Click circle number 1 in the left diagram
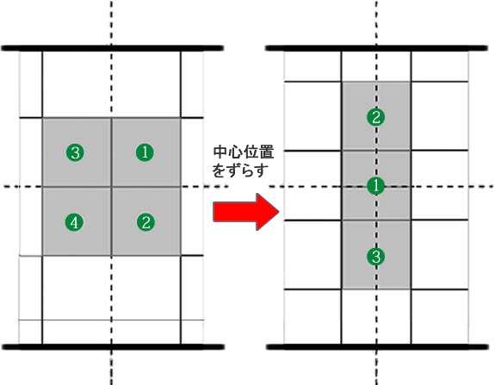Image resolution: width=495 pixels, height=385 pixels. click(x=145, y=152)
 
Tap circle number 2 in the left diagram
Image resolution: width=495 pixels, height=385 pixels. click(x=145, y=222)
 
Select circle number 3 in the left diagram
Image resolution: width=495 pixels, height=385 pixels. click(x=75, y=152)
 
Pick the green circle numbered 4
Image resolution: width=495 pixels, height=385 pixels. click(x=75, y=222)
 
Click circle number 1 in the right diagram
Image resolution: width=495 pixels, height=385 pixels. click(x=375, y=186)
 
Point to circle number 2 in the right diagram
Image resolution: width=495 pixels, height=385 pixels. click(x=375, y=117)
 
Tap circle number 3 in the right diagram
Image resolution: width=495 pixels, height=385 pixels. click(x=375, y=256)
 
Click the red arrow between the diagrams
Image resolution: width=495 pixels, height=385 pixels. click(x=246, y=212)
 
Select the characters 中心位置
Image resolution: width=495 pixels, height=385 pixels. click(x=244, y=152)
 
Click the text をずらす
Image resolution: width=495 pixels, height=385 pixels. click(x=240, y=170)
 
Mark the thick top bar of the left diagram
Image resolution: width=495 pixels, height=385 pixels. click(x=113, y=48)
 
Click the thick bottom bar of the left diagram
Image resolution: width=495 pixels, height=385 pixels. click(x=114, y=347)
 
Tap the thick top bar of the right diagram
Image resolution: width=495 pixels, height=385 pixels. click(x=376, y=48)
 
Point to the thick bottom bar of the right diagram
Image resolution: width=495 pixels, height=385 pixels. click(x=377, y=347)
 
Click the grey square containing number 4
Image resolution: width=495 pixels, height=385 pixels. click(x=77, y=221)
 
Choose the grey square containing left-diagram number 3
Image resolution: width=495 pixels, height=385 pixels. click(x=77, y=152)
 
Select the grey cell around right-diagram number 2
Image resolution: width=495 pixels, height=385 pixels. click(x=376, y=116)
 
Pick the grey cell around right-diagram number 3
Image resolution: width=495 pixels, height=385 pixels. click(x=376, y=254)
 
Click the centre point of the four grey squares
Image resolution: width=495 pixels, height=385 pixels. click(x=111, y=187)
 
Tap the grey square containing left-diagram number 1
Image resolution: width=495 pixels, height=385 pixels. click(x=146, y=152)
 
